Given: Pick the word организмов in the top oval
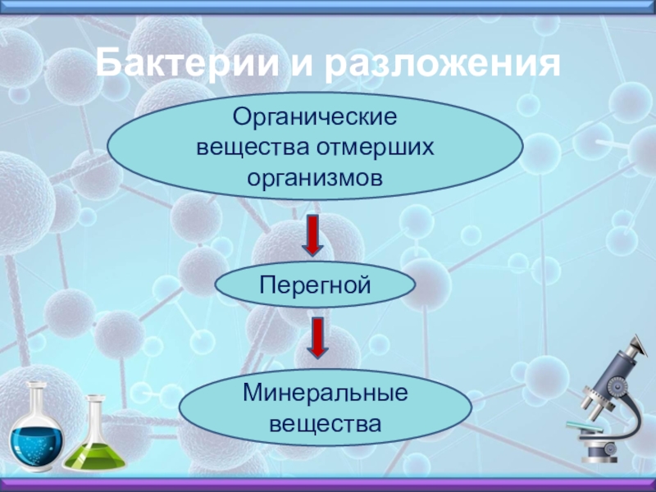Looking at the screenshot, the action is (315, 177).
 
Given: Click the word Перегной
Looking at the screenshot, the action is (315, 285).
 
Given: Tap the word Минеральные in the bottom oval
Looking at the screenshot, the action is (325, 394).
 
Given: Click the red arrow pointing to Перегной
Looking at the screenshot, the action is (314, 235).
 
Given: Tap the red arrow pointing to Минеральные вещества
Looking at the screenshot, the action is (318, 338).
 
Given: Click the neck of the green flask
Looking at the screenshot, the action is (95, 414).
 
